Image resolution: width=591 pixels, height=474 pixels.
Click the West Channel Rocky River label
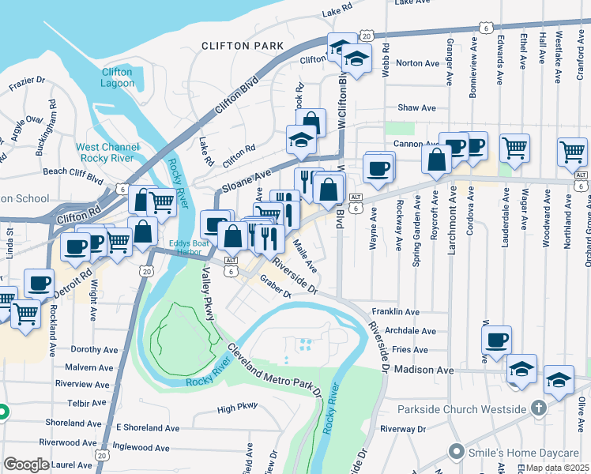point(108,153)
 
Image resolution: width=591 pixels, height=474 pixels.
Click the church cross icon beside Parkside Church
point(540,408)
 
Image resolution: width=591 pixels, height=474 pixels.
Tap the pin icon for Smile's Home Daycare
point(455,453)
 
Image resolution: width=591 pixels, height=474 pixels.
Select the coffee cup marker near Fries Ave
point(497,340)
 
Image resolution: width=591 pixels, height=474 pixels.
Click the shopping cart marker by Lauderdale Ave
point(514,147)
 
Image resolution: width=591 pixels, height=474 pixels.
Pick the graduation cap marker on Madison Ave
point(521,368)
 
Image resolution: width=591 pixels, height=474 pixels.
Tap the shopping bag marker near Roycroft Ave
point(436,160)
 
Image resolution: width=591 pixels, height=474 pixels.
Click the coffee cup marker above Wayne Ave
point(378,167)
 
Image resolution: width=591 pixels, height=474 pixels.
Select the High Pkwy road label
point(238,409)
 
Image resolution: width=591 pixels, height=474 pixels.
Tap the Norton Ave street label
point(416,63)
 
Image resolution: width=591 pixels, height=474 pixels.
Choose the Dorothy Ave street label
point(94,349)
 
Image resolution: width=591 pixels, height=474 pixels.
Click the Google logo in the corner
point(26,465)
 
